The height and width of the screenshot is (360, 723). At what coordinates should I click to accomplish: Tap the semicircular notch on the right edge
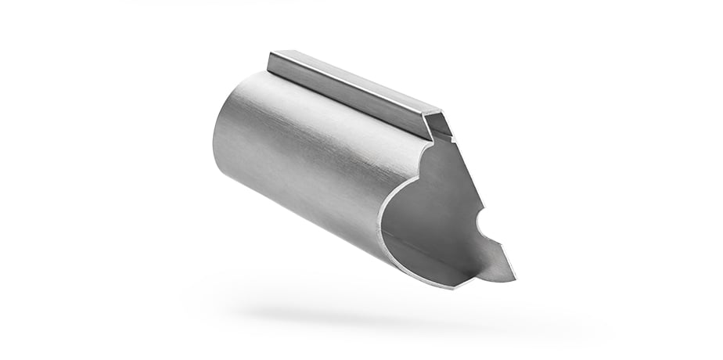pos(482,224)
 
